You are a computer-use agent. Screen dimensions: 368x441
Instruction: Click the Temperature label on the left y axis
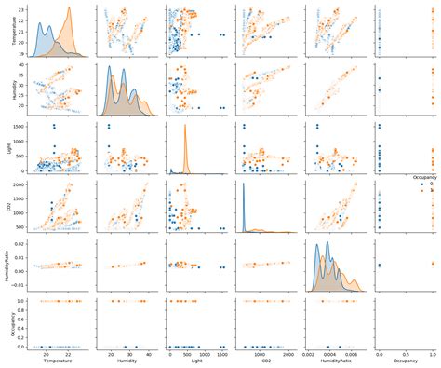coord(5,32)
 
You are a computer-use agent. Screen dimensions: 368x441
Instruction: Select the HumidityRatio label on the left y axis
coord(5,266)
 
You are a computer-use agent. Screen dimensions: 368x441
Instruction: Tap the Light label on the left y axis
coord(5,148)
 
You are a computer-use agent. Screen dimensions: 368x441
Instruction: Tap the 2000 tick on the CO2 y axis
coord(17,186)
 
